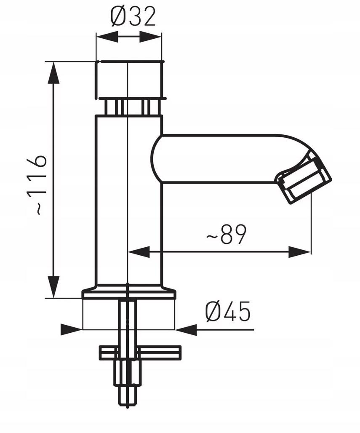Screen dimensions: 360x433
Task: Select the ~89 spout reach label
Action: tap(226, 235)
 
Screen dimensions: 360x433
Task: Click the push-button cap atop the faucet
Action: tap(129, 80)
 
